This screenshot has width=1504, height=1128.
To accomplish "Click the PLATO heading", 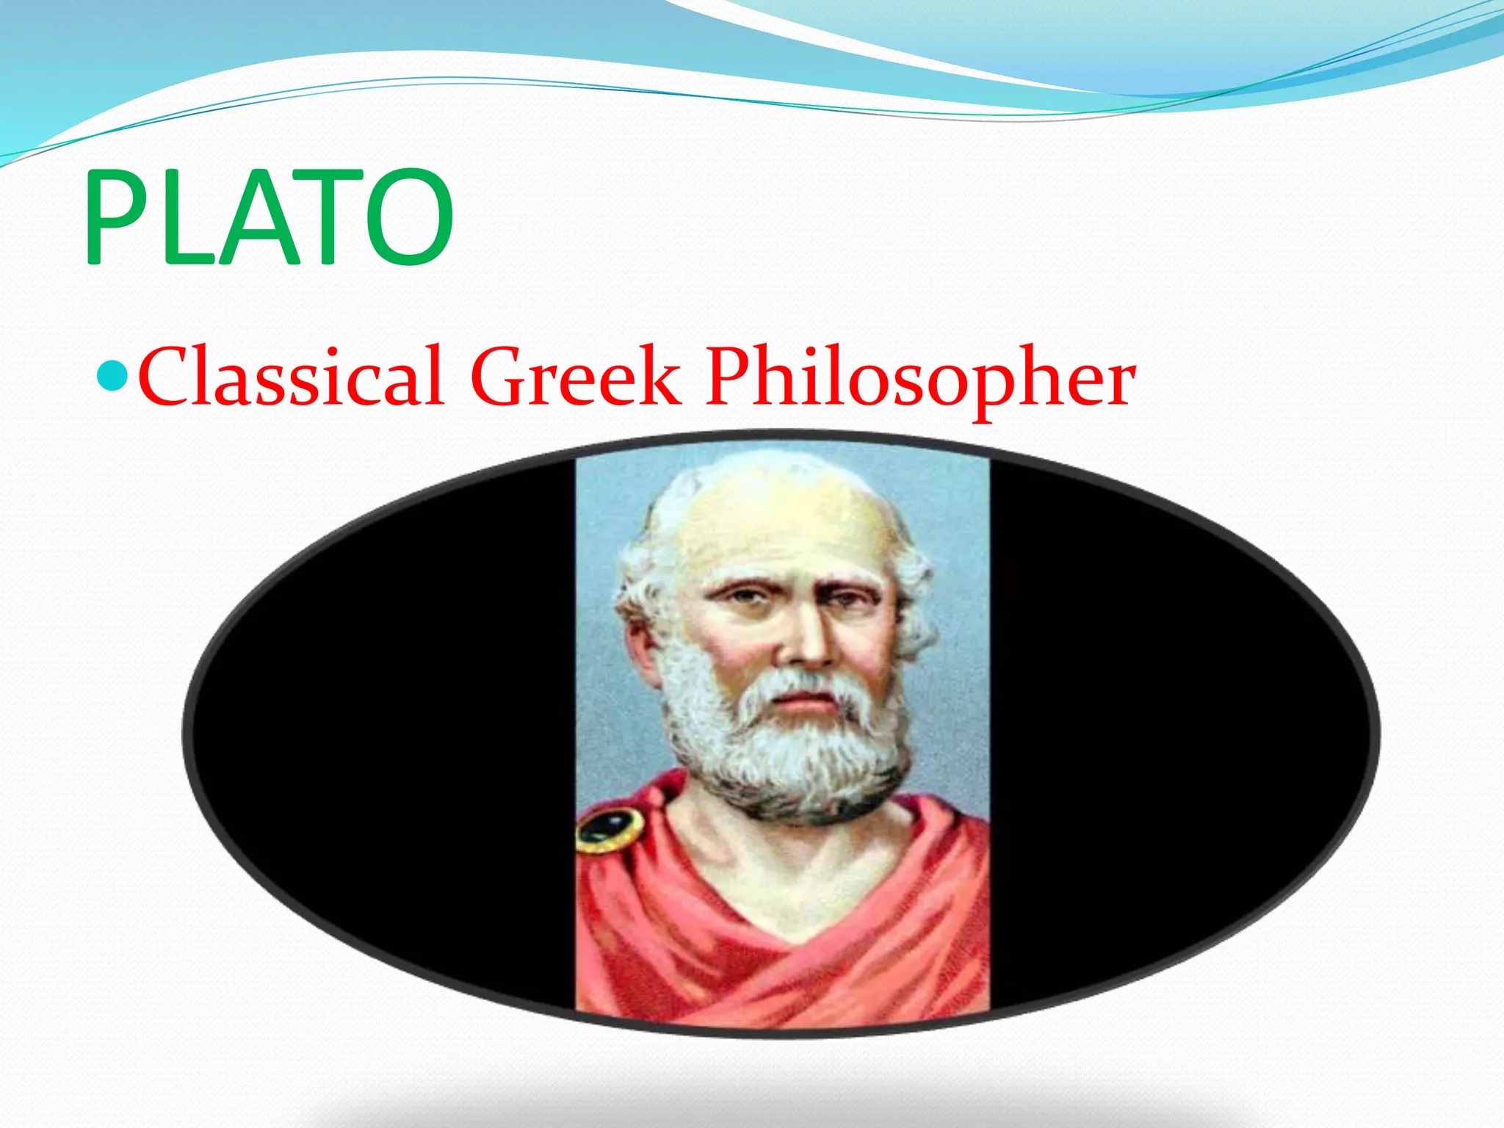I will [268, 217].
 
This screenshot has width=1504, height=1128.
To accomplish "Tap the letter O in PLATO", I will [408, 217].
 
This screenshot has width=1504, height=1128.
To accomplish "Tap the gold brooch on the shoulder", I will [609, 831].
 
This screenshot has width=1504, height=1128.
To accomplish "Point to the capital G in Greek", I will [499, 378].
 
